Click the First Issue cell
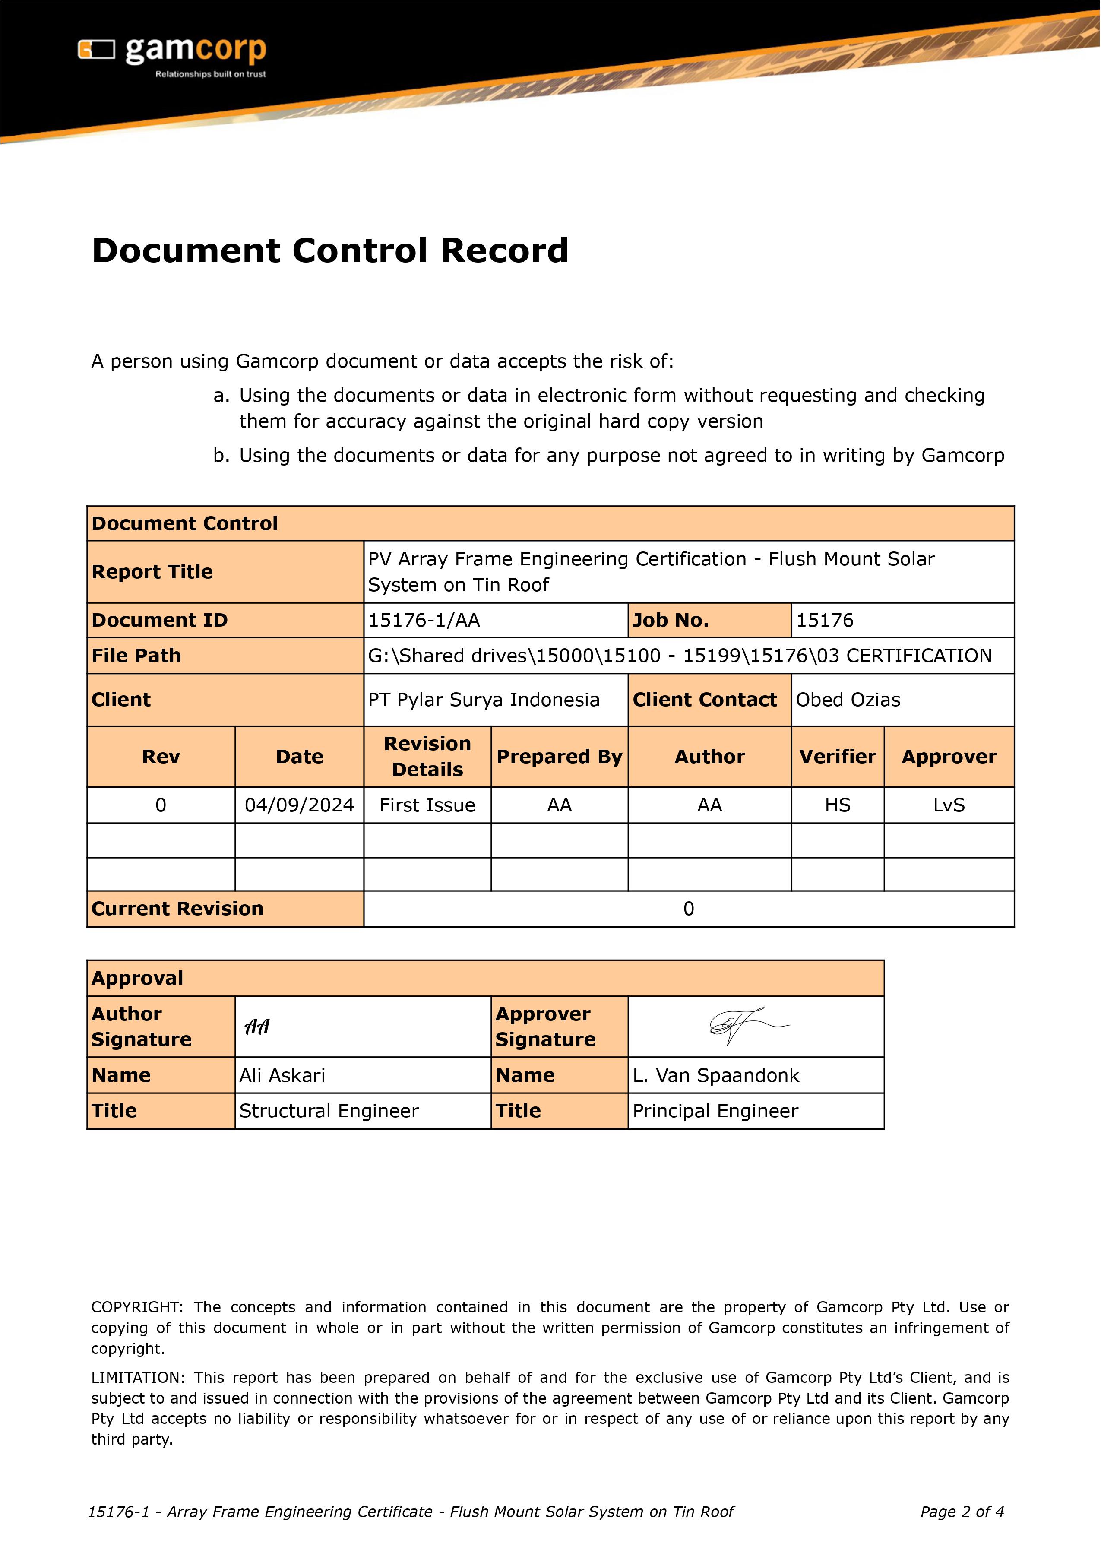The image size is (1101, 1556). [427, 805]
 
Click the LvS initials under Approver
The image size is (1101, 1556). [949, 805]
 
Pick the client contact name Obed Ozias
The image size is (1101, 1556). [848, 700]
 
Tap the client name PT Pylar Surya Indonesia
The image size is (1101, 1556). [484, 700]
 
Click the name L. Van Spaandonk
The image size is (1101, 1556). [715, 1075]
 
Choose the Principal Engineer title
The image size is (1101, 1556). [715, 1111]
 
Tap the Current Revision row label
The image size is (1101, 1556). [177, 909]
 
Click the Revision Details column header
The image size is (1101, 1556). [427, 757]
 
